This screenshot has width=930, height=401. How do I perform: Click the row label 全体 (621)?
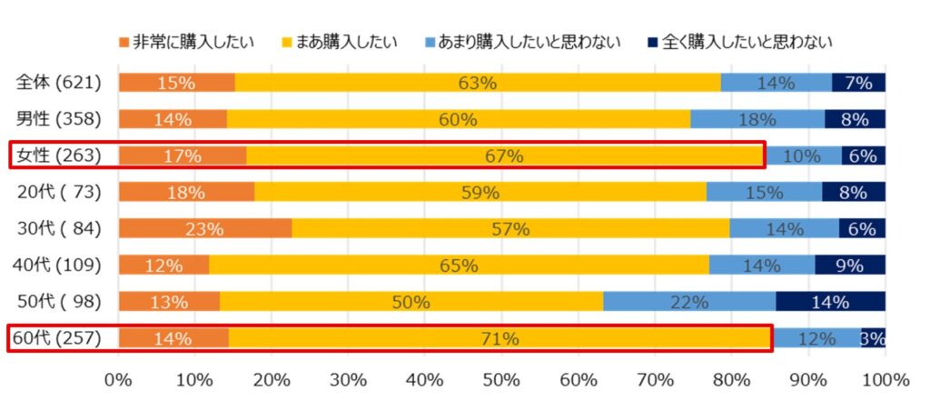pyautogui.click(x=59, y=83)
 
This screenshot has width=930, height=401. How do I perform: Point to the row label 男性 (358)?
pyautogui.click(x=59, y=119)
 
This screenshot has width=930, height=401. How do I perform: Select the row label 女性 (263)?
pyautogui.click(x=59, y=155)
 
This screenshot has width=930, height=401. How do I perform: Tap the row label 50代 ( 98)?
pyautogui.click(x=59, y=301)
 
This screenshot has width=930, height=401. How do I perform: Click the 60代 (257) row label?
pyautogui.click(x=59, y=338)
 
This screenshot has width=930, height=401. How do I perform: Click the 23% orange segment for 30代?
pyautogui.click(x=204, y=229)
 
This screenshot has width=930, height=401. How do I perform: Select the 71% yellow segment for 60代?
pyautogui.click(x=500, y=338)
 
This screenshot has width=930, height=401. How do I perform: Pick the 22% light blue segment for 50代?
pyautogui.click(x=689, y=301)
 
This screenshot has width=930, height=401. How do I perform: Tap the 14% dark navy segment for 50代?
pyautogui.click(x=831, y=301)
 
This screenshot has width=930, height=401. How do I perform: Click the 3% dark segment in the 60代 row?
pyautogui.click(x=874, y=338)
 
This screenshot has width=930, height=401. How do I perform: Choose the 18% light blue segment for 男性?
pyautogui.click(x=757, y=119)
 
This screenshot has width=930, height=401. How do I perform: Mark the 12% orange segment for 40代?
pyautogui.click(x=163, y=266)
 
